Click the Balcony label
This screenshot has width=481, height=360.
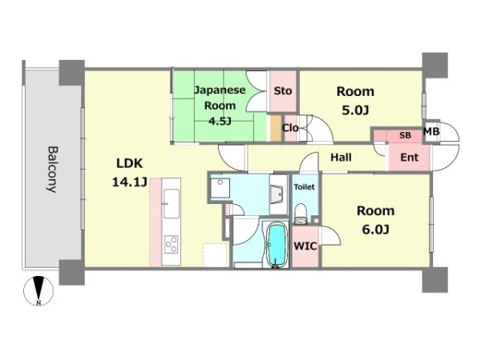(52, 170)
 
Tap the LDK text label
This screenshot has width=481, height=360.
(129, 163)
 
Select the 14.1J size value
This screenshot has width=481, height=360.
(129, 182)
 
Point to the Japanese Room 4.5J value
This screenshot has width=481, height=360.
(220, 122)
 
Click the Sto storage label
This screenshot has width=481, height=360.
(282, 91)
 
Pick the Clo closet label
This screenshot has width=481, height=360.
(290, 128)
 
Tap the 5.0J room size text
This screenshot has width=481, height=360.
(355, 110)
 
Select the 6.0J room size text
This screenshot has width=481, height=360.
(375, 230)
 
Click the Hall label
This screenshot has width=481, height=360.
(341, 158)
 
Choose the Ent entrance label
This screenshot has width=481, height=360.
(409, 158)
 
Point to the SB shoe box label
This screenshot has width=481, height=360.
(405, 135)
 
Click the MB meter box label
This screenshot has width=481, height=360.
(431, 132)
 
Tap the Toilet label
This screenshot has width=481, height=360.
(305, 186)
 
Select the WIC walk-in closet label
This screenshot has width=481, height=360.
(305, 246)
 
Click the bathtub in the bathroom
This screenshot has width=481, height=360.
(277, 245)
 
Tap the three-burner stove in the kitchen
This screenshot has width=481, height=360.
(171, 244)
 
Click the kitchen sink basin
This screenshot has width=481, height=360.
(172, 203)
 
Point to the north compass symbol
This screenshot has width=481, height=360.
(38, 290)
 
